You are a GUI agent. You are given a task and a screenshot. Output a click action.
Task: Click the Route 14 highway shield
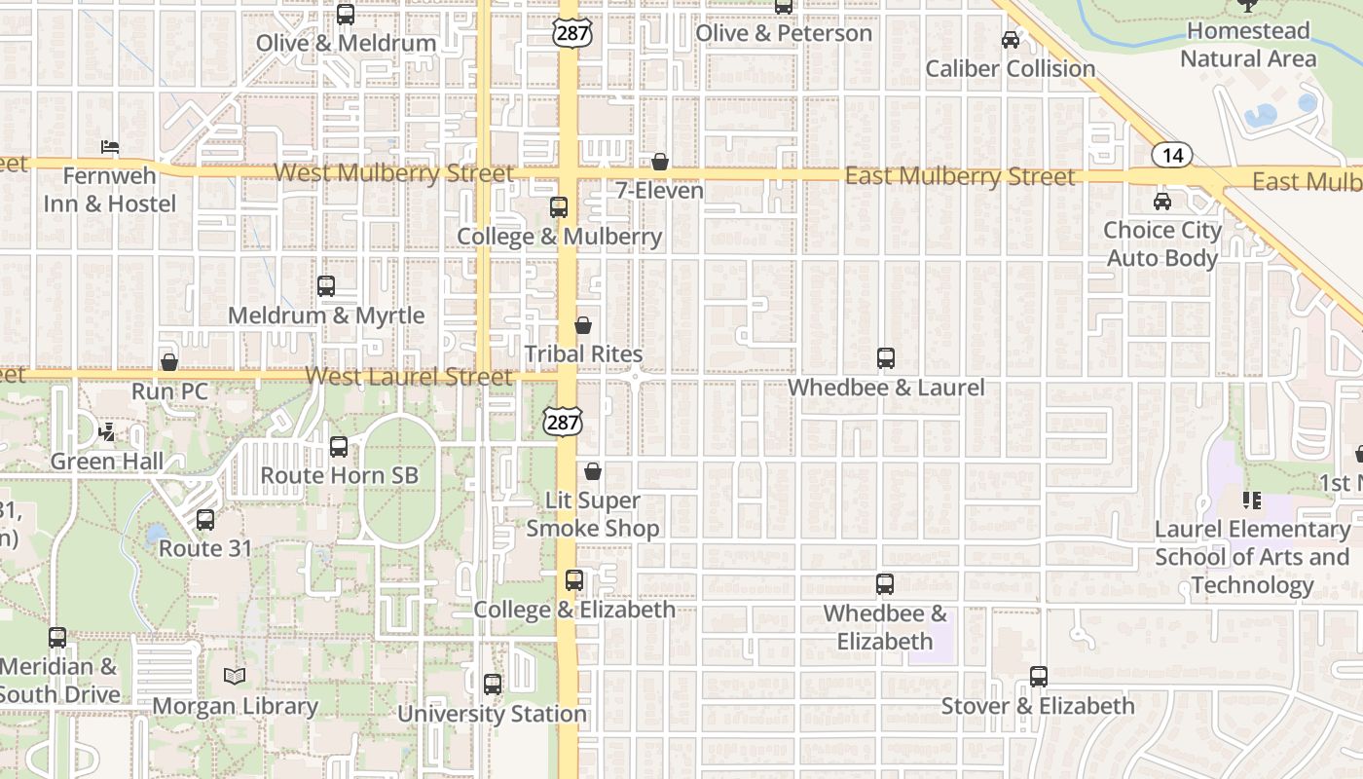pos(1172,155)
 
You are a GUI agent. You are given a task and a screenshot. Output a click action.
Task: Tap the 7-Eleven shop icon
pos(660,162)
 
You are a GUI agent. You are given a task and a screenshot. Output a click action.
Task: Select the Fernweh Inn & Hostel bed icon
pos(110,147)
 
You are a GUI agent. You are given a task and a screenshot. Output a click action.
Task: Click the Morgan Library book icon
pos(234,676)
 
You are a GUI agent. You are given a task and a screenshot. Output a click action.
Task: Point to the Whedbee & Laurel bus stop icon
pos(886,358)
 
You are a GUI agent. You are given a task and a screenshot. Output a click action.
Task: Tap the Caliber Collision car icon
pos(1011,40)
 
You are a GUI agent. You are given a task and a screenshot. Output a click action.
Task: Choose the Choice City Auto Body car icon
pos(1161,202)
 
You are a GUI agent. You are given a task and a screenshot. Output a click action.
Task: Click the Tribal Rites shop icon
pos(583,325)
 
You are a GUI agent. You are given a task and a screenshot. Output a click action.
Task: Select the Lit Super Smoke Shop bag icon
pos(592,472)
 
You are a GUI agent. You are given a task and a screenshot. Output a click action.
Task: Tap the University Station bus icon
pos(493,685)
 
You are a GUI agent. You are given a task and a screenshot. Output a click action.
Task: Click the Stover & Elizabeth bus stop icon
pos(1039,677)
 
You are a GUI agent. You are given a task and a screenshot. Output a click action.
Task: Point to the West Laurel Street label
pos(409,377)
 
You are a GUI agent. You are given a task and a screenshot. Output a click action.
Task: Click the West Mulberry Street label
pos(393,173)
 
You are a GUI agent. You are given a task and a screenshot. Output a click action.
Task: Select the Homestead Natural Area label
pos(1248,45)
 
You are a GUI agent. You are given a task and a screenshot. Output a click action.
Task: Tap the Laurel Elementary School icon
pos(1251,501)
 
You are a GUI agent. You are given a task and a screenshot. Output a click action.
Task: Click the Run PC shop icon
pos(169,362)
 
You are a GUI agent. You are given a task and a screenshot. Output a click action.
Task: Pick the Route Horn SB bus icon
pos(339,447)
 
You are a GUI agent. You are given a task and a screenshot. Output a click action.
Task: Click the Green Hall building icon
pos(108,432)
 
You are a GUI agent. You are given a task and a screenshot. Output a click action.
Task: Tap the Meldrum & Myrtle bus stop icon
pos(326,286)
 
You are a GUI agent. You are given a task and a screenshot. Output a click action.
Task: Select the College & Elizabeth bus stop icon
pos(574,580)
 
